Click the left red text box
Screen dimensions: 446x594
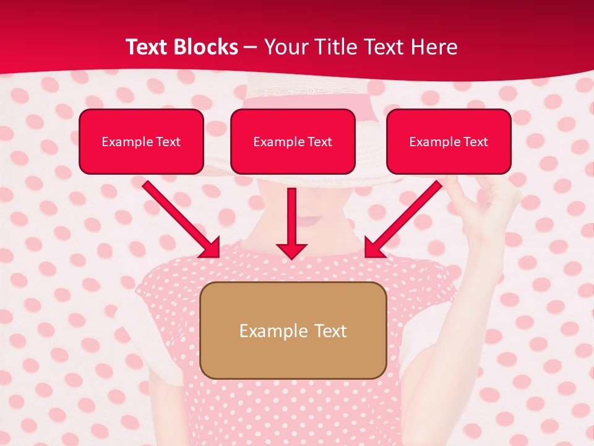coord(141,142)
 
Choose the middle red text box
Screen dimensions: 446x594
coord(293,142)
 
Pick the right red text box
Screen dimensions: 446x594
coord(449,142)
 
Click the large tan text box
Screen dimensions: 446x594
coord(293,331)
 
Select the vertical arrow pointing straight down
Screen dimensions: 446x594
coord(292,223)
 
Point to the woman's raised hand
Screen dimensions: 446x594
coord(489,204)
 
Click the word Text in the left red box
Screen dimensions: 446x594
coord(168,142)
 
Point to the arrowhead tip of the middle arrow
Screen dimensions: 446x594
coord(292,258)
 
